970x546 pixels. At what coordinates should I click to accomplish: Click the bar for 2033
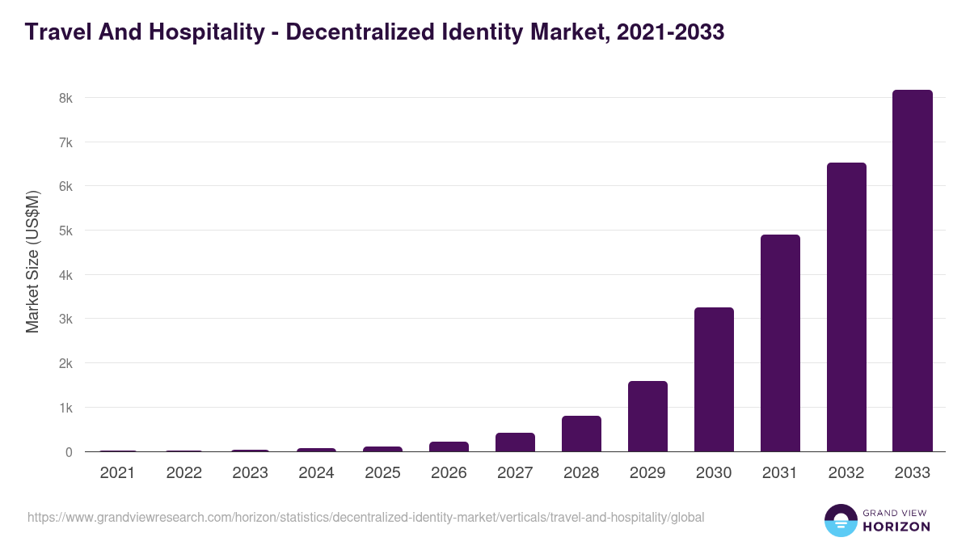click(913, 271)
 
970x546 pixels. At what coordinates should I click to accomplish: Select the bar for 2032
click(846, 307)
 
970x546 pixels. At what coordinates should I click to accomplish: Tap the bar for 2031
click(780, 343)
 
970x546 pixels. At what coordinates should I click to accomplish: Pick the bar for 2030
click(714, 379)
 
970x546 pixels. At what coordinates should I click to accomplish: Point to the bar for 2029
click(647, 417)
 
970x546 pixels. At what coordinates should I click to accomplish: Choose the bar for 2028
click(581, 434)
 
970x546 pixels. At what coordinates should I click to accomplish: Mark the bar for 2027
click(515, 442)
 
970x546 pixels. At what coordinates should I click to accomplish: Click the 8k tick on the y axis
click(65, 98)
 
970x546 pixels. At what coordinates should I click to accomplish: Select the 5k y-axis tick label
click(65, 231)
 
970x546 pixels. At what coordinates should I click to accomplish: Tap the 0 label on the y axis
click(69, 452)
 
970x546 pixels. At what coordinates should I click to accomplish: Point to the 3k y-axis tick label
click(65, 320)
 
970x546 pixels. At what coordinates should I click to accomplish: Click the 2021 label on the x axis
click(117, 473)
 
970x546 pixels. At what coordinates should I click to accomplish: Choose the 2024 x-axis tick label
click(316, 473)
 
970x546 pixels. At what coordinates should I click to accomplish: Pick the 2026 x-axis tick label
click(449, 473)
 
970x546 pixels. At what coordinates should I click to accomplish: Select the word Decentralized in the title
click(369, 33)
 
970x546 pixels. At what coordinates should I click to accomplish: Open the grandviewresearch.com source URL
click(365, 517)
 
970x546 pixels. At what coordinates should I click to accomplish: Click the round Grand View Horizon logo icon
click(841, 520)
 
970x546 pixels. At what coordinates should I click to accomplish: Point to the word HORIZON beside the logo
click(896, 527)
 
